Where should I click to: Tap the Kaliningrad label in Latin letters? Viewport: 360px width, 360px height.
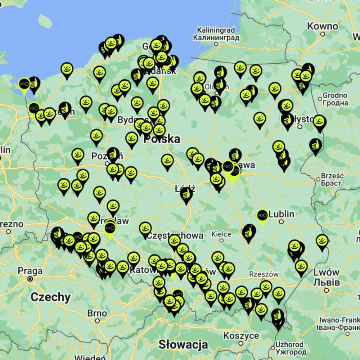coord(216,30)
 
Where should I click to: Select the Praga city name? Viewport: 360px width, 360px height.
coord(30,271)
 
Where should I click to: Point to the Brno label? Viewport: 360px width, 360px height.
coord(97,313)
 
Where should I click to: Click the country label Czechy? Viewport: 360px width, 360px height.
coord(50,297)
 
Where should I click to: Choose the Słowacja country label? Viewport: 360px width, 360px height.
coord(183,344)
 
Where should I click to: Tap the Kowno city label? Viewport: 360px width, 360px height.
coord(323,26)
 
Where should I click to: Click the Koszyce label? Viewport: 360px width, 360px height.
coord(241,336)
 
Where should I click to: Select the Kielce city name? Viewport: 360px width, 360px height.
coord(221,234)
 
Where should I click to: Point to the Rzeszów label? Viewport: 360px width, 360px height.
coord(264,274)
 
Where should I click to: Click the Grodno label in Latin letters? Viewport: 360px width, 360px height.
coord(335,95)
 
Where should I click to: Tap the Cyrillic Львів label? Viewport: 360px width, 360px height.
coord(327,282)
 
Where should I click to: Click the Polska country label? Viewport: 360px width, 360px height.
coord(162,139)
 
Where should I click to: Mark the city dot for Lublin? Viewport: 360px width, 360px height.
coord(281,222)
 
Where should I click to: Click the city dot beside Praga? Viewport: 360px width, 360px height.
coord(30,279)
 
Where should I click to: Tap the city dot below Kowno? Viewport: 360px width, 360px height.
coord(323,34)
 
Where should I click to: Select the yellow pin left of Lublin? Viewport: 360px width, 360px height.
coord(262,216)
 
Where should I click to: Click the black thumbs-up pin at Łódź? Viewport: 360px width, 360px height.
coord(186,194)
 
